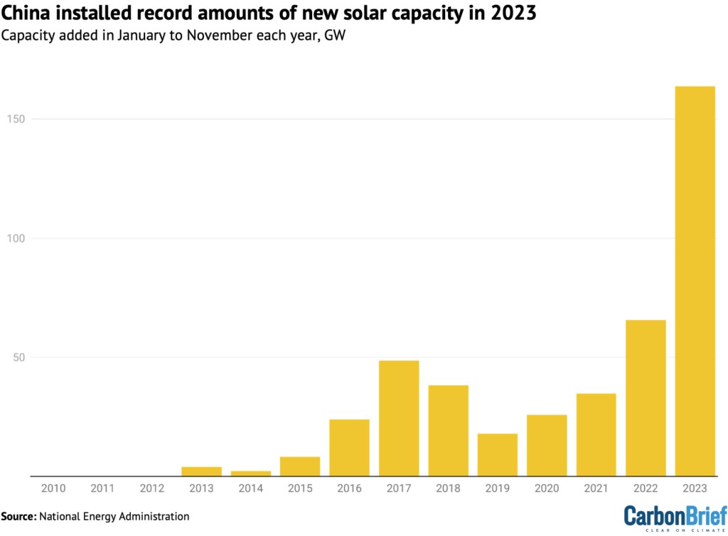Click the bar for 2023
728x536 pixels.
[x=695, y=281]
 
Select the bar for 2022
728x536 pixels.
[x=646, y=398]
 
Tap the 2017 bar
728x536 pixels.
[x=399, y=418]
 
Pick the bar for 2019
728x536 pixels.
[x=498, y=455]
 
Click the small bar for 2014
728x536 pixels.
[x=251, y=473]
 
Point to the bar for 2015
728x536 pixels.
[x=300, y=466]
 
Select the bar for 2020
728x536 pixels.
[x=547, y=445]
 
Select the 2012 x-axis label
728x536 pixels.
[x=152, y=488]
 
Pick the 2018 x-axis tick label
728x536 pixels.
[x=448, y=488]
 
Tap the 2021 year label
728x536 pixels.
[x=596, y=488]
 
